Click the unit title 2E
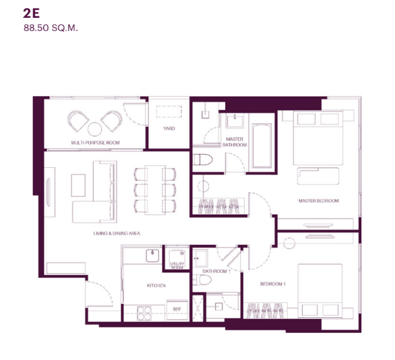click(x=31, y=13)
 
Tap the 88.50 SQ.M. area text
click(x=51, y=28)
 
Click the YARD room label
click(x=169, y=128)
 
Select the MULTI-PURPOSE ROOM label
click(x=95, y=143)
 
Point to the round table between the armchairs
click(x=95, y=129)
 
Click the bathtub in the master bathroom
click(x=262, y=146)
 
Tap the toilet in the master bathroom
click(x=203, y=160)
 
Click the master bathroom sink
click(x=235, y=120)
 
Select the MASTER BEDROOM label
click(x=319, y=201)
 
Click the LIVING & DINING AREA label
click(x=117, y=233)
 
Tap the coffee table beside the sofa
click(x=78, y=186)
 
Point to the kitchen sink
click(x=153, y=255)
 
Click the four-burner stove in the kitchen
click(x=144, y=313)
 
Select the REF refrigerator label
click(x=177, y=309)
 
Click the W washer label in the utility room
click(x=182, y=253)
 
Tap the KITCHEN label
click(x=156, y=286)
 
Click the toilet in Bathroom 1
click(x=202, y=280)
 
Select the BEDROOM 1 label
click(x=273, y=284)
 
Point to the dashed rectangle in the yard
click(x=169, y=112)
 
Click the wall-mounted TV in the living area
click(x=48, y=192)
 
